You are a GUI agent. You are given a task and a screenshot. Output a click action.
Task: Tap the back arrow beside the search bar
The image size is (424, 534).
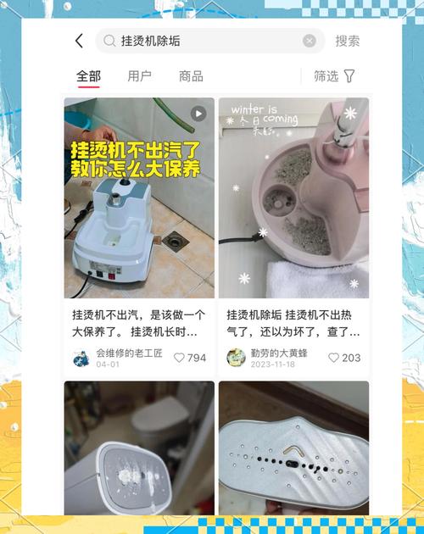click(x=79, y=41)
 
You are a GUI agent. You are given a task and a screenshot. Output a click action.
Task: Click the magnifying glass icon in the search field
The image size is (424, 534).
click(x=109, y=41)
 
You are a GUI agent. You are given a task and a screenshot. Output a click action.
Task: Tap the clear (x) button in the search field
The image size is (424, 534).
click(x=310, y=41)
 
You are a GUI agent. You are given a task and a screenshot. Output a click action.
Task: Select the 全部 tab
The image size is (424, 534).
click(x=88, y=76)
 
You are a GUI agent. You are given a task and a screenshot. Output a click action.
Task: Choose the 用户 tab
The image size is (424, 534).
click(x=139, y=76)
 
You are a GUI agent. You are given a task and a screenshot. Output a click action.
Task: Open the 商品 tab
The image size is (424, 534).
click(x=191, y=76)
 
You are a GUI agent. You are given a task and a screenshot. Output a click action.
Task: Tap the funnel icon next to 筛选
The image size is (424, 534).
click(x=349, y=76)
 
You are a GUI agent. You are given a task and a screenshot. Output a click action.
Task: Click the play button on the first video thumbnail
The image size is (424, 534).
click(x=198, y=114)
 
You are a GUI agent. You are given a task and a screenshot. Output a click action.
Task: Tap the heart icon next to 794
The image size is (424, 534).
click(x=179, y=358)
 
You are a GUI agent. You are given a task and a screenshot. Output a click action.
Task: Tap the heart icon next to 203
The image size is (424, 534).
click(x=333, y=358)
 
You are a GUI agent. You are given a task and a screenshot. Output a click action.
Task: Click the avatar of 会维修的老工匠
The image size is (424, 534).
click(x=81, y=358)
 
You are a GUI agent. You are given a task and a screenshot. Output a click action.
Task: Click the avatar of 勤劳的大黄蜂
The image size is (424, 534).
click(x=236, y=358)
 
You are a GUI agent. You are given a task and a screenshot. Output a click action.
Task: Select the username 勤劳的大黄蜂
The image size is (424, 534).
click(x=279, y=353)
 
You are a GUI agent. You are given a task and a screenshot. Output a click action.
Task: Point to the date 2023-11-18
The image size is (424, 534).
click(x=273, y=364)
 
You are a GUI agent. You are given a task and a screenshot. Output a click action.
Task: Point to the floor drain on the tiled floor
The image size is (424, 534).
click(x=176, y=242)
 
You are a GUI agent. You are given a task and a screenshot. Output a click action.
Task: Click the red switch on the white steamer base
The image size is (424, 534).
click(x=111, y=275)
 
